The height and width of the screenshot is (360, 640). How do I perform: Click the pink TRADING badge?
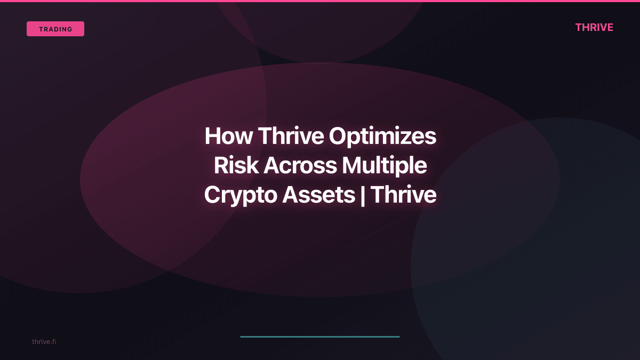point(55,29)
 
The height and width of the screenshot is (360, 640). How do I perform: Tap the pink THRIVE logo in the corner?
point(594,28)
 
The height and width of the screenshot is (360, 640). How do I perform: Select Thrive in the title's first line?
point(291,137)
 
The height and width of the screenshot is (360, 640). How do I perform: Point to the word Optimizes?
point(382,137)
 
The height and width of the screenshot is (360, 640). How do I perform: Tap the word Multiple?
point(384,166)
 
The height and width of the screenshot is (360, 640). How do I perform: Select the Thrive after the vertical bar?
point(403,195)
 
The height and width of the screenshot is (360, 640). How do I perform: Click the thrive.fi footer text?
point(44,341)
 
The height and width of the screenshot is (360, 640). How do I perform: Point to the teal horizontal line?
point(320,337)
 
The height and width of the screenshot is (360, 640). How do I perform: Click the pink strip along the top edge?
point(320,1)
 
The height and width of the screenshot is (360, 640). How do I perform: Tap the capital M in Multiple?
point(352,166)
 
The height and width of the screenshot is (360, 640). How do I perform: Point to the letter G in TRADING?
point(70,29)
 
